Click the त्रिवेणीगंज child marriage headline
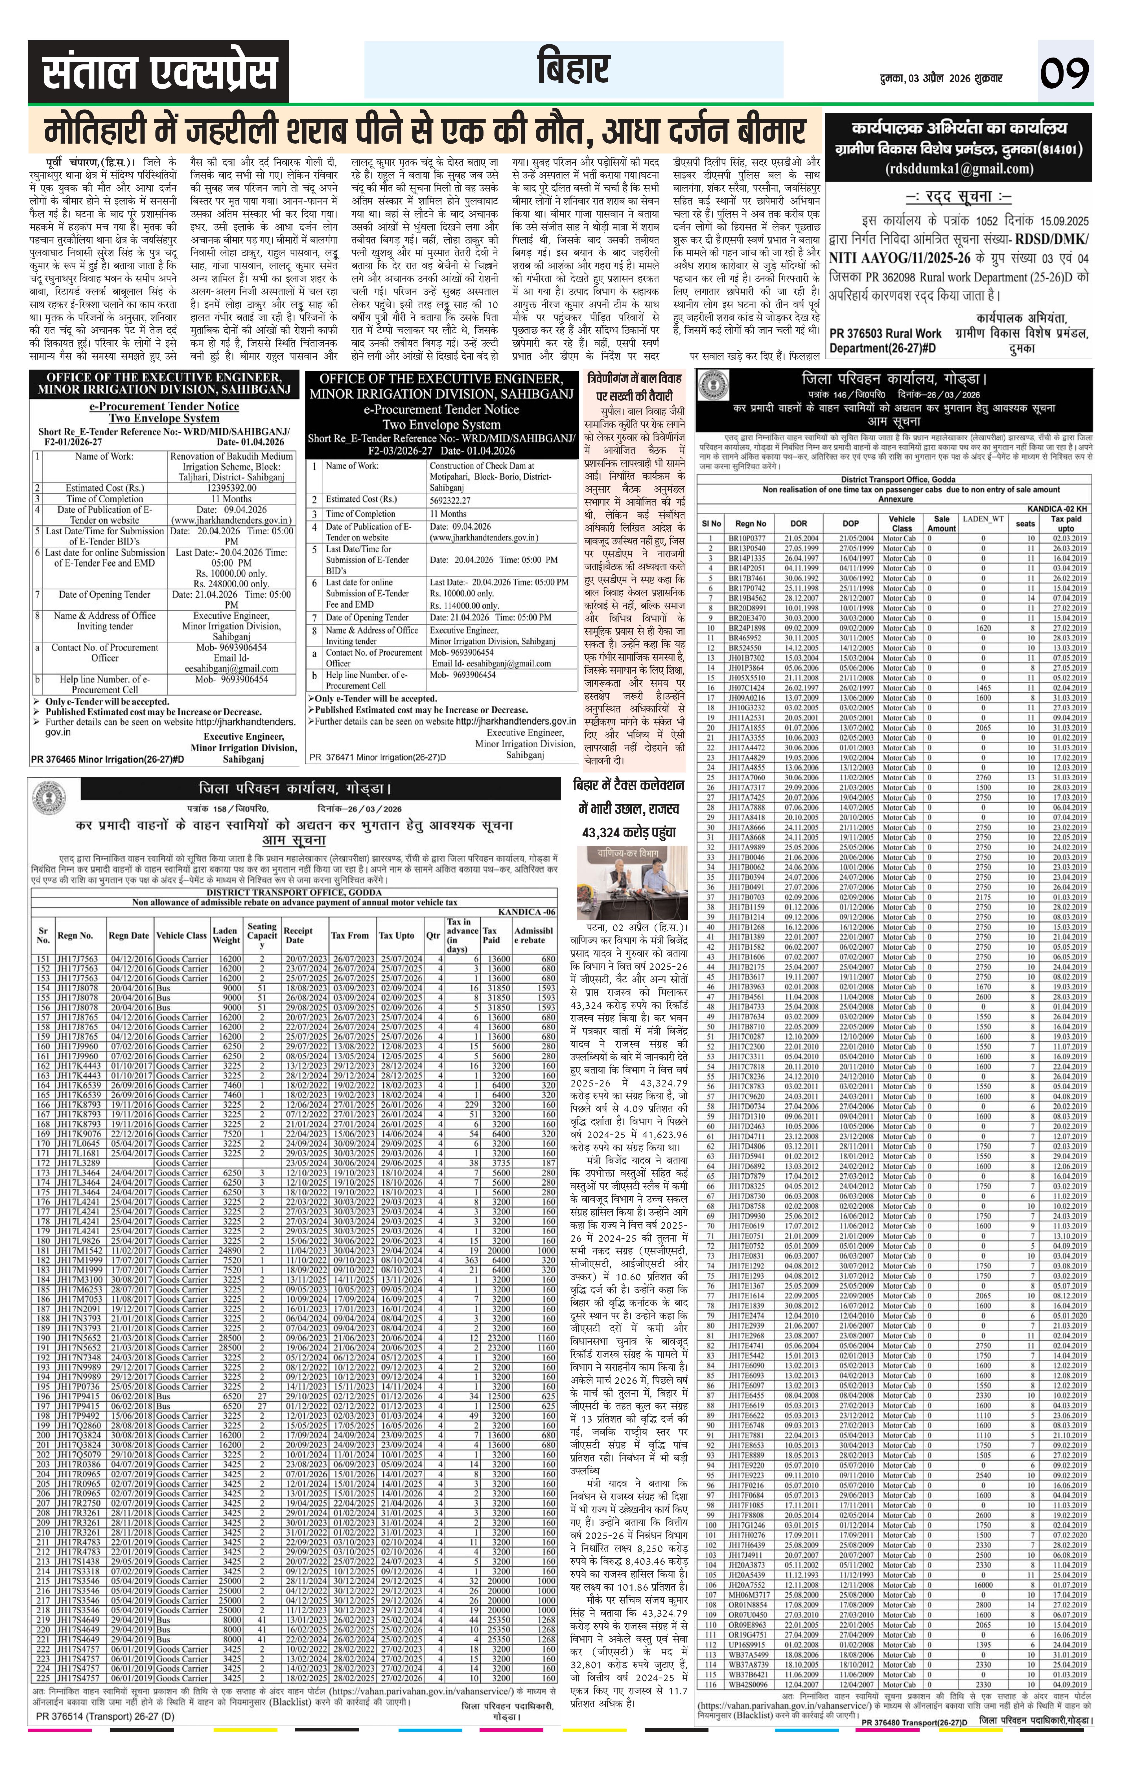635,386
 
